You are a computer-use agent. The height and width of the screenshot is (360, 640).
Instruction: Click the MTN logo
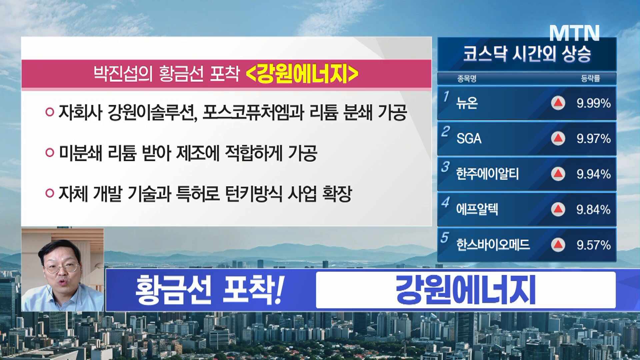click(x=574, y=33)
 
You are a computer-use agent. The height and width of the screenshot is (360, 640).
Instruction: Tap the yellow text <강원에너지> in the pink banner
click(x=302, y=74)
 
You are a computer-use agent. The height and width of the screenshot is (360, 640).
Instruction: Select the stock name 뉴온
click(x=467, y=103)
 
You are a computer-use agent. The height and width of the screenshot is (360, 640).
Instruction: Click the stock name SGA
click(x=469, y=138)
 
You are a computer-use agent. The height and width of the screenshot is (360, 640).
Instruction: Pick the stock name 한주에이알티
click(x=487, y=174)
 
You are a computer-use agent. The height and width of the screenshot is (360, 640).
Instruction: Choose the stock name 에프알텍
click(x=477, y=209)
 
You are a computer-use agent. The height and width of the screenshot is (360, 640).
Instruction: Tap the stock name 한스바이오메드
click(x=493, y=245)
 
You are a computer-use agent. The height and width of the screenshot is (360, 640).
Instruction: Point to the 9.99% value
click(x=594, y=103)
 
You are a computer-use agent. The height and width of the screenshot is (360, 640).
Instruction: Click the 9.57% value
click(x=594, y=245)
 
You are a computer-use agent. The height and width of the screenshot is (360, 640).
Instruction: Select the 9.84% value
click(x=594, y=210)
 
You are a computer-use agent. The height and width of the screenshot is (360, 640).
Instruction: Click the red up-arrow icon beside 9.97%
click(x=558, y=138)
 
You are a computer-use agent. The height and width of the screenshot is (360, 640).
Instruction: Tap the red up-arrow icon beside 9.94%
click(x=558, y=174)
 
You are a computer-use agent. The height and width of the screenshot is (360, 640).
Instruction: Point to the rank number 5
click(x=445, y=237)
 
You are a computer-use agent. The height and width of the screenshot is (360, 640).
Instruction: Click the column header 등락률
click(x=590, y=78)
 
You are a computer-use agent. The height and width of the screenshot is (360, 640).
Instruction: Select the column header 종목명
click(x=467, y=79)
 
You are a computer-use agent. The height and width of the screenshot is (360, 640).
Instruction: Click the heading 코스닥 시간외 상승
click(x=527, y=53)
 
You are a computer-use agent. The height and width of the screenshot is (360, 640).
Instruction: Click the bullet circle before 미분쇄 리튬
click(x=50, y=153)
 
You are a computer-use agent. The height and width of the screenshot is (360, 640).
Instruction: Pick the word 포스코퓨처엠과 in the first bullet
click(x=253, y=112)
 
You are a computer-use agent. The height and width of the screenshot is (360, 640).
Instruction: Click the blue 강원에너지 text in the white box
click(x=466, y=290)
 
